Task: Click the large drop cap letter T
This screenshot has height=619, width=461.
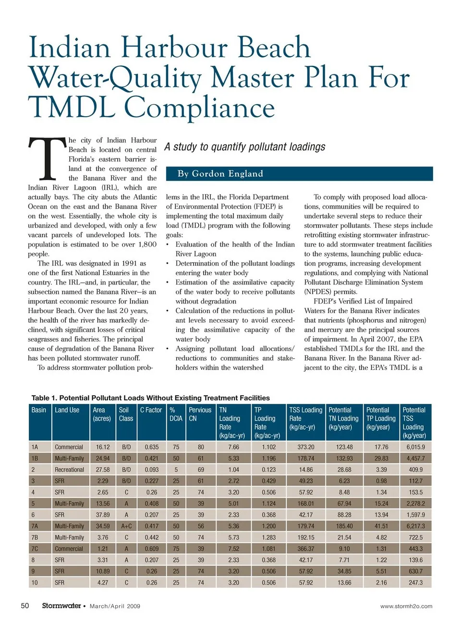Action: pyautogui.click(x=47, y=158)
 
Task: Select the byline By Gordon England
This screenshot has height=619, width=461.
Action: pyautogui.click(x=220, y=174)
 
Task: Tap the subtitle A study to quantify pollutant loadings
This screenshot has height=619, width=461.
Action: pyautogui.click(x=245, y=147)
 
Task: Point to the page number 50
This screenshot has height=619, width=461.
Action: pyautogui.click(x=25, y=606)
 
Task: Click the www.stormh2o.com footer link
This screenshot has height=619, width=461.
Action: pyautogui.click(x=406, y=606)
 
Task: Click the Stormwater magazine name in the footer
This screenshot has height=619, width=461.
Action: pyautogui.click(x=61, y=606)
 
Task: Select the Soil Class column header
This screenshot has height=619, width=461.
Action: pyautogui.click(x=126, y=414)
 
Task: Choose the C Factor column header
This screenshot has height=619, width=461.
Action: pyautogui.click(x=151, y=410)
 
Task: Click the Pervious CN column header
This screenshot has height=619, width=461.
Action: pyautogui.click(x=200, y=414)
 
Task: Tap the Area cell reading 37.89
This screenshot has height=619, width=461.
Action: pyautogui.click(x=102, y=515)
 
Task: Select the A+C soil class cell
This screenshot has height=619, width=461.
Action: pyautogui.click(x=126, y=526)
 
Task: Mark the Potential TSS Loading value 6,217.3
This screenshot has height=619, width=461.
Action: pyautogui.click(x=415, y=526)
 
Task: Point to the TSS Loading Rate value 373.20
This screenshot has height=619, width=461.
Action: pyautogui.click(x=305, y=447)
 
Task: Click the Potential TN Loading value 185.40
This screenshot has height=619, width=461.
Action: pyautogui.click(x=344, y=526)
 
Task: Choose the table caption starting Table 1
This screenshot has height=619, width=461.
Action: pyautogui.click(x=150, y=398)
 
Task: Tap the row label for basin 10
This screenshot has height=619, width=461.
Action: pyautogui.click(x=35, y=583)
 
